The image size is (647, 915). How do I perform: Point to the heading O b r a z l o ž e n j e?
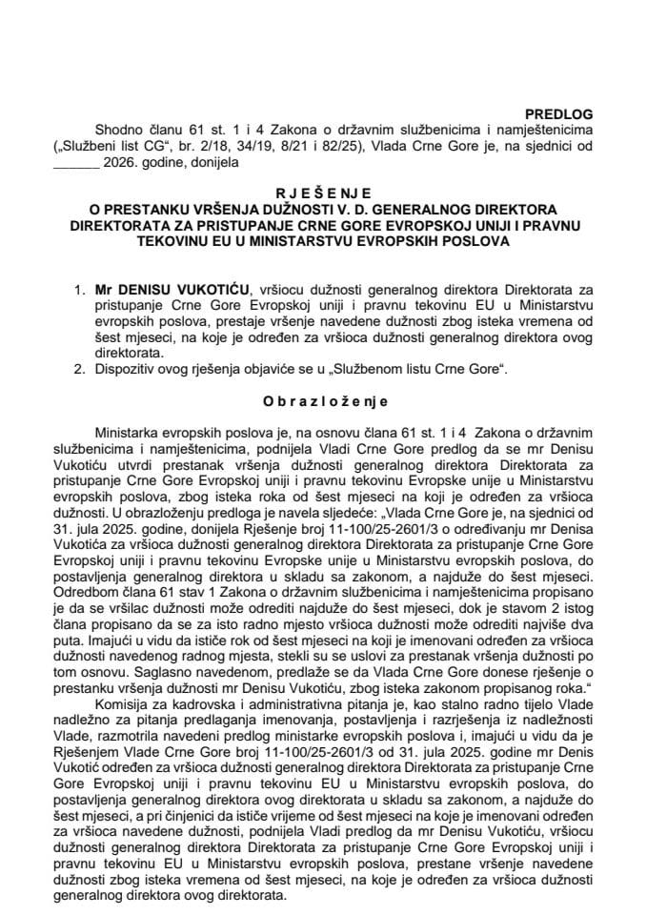[x=322, y=401]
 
